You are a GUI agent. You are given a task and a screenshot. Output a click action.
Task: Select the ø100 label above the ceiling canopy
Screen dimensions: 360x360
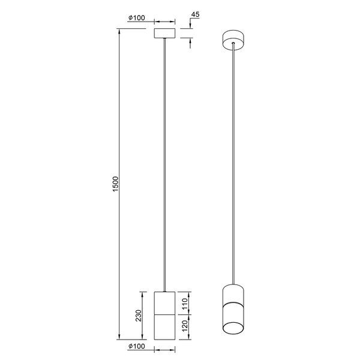click(x=137, y=17)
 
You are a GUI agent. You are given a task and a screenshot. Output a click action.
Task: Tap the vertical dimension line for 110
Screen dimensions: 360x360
click(x=189, y=303)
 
